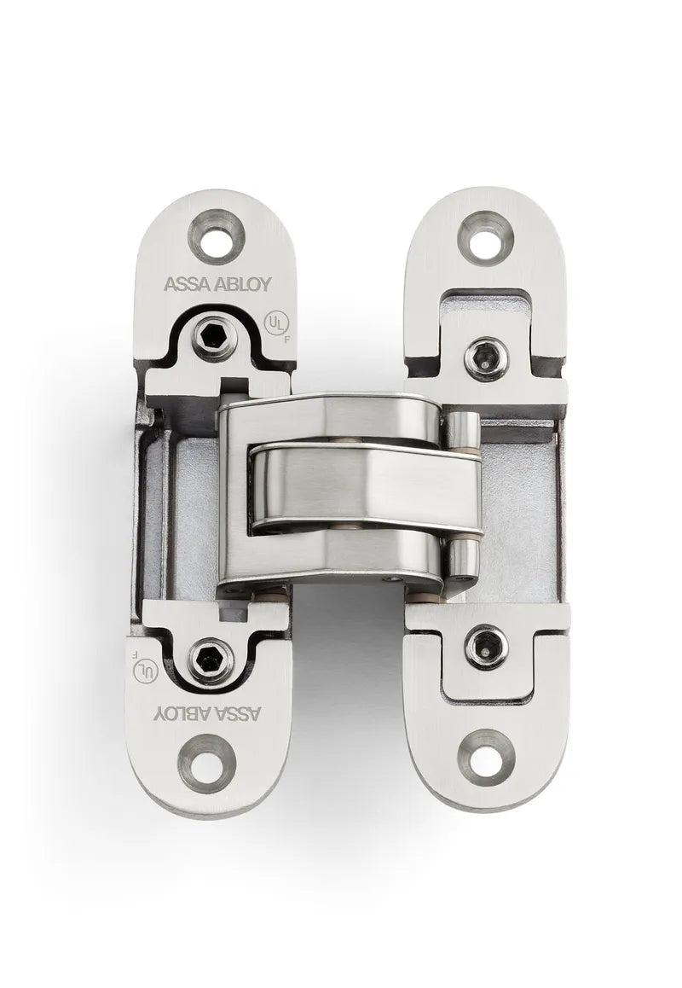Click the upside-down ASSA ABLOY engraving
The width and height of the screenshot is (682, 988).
coord(209,713)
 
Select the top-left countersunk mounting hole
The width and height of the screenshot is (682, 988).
coord(217,235)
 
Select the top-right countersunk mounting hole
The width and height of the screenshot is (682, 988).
coord(486,236)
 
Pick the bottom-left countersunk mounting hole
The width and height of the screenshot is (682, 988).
coord(205,762)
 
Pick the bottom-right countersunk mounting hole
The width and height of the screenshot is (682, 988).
coord(487,755)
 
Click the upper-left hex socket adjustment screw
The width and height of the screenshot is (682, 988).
coord(210,340)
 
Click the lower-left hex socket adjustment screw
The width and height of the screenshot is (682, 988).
coord(211,659)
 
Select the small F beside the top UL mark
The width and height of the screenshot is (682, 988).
coord(284,338)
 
